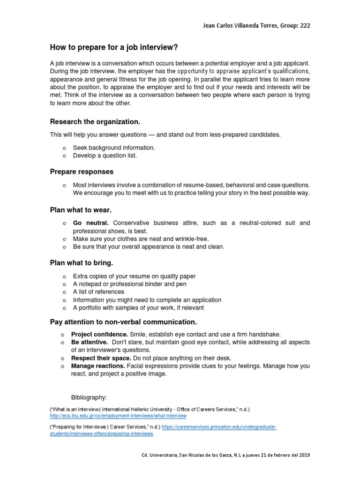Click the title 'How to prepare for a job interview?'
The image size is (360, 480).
[x=114, y=47]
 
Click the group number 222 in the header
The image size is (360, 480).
[x=304, y=26]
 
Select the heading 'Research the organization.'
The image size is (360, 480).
[x=95, y=122]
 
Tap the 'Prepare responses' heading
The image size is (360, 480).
[x=82, y=172]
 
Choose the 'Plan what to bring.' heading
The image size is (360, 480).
[x=82, y=262]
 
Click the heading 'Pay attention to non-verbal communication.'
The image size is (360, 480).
[x=123, y=322]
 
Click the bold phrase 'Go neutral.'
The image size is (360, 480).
[x=91, y=223]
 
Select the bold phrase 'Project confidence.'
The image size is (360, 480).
[x=99, y=334]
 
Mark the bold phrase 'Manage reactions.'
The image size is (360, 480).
[x=98, y=366]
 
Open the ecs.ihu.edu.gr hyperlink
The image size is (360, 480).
[x=118, y=416]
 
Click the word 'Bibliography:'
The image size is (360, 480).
[x=89, y=397]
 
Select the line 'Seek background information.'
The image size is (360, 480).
[x=114, y=148]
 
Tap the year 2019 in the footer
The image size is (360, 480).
[x=304, y=455]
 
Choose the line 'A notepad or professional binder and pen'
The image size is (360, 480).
[x=130, y=284]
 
